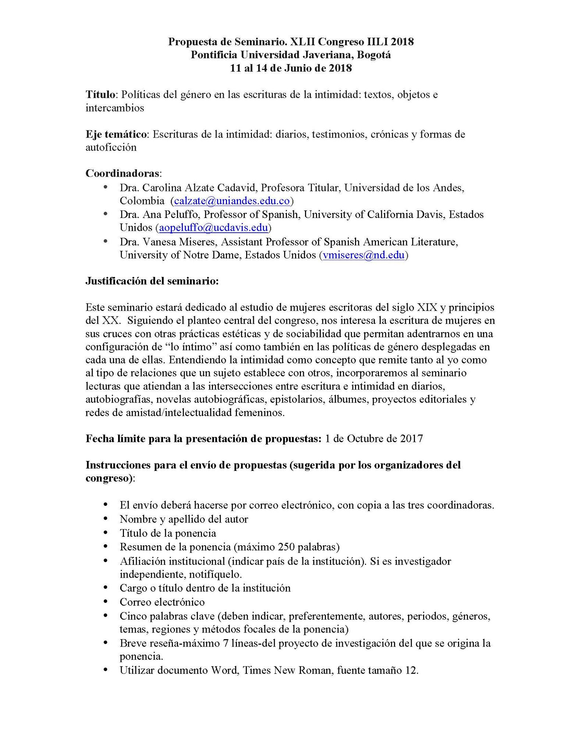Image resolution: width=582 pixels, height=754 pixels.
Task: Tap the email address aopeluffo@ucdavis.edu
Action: (x=213, y=228)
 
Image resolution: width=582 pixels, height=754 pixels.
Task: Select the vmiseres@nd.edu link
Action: (x=363, y=255)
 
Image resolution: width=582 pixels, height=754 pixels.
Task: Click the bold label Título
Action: (x=100, y=95)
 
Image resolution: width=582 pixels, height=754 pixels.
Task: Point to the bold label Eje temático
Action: (x=116, y=134)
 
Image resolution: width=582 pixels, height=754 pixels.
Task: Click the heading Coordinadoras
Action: (x=123, y=173)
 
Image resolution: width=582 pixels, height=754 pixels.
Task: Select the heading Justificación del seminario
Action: (x=152, y=281)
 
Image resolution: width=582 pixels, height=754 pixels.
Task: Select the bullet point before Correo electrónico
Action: (x=106, y=602)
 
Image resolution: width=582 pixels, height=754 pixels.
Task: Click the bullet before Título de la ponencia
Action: (x=106, y=533)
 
